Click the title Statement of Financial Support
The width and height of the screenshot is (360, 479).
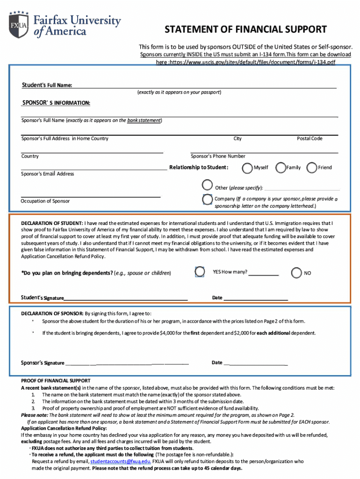pyautogui.click(x=245, y=30)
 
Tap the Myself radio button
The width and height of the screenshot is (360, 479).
pyautogui.click(x=247, y=167)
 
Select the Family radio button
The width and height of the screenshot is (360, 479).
pyautogui.click(x=281, y=167)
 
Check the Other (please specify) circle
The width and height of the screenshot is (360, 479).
pyautogui.click(x=208, y=186)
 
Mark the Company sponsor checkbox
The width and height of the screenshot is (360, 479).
pyautogui.click(x=207, y=199)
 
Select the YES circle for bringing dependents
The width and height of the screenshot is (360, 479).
pyautogui.click(x=200, y=272)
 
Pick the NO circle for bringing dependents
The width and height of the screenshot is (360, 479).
pyautogui.click(x=296, y=273)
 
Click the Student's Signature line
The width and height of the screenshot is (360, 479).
pyautogui.click(x=126, y=298)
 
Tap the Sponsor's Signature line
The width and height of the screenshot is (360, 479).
pyautogui.click(x=127, y=363)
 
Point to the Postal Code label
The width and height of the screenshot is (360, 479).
pyautogui.click(x=310, y=138)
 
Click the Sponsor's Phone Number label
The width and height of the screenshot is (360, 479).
pyautogui.click(x=218, y=156)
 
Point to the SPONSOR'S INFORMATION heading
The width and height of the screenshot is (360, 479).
pyautogui.click(x=56, y=103)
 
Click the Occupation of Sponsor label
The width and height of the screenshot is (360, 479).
pyautogui.click(x=45, y=201)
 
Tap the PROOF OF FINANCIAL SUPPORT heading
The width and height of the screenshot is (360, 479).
pyautogui.click(x=56, y=381)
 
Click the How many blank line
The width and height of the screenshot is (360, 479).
pyautogui.click(x=263, y=275)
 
